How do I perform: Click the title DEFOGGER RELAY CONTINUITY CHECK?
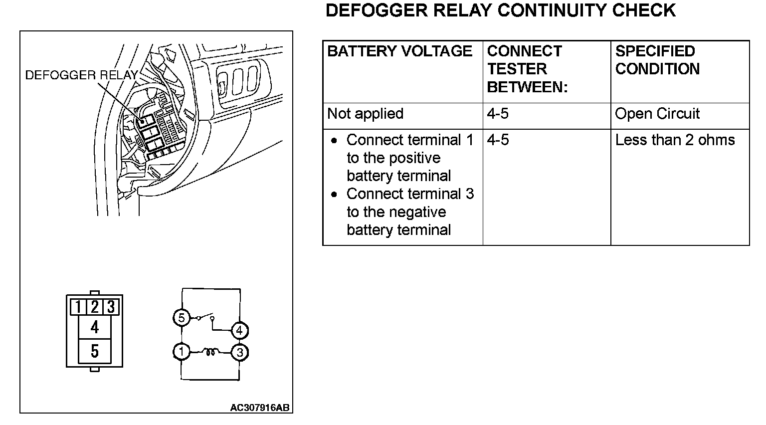point(500,10)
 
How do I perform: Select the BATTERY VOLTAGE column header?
point(399,51)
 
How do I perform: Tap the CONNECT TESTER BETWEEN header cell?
point(527,69)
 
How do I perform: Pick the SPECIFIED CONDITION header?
point(657,60)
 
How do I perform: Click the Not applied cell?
point(365,114)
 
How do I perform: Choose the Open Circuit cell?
point(657,114)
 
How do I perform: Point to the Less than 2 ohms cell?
point(675,140)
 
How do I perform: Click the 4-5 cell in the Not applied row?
point(498,114)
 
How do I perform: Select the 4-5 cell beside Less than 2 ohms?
point(498,140)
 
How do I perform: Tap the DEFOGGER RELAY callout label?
point(81,75)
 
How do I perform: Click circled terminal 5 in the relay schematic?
point(182,318)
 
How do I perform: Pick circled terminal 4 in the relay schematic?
point(239,330)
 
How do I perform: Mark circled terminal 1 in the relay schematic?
point(182,352)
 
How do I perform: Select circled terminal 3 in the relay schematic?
point(239,353)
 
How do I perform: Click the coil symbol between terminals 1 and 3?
point(210,352)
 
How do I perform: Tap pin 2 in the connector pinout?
point(94,306)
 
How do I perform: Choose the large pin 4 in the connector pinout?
point(94,327)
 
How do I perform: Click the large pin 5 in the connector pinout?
point(94,352)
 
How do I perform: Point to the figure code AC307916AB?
point(259,408)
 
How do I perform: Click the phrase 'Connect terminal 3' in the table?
point(410,194)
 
